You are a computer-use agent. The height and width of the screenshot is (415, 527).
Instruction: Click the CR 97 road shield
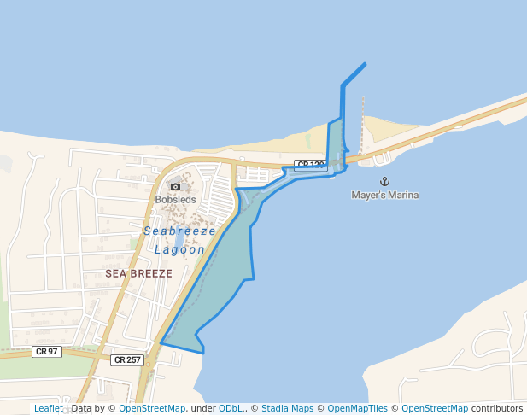click(x=48, y=352)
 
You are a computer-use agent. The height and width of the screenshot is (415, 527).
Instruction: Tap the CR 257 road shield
click(x=126, y=360)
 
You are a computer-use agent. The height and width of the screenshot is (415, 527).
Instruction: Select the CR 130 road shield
click(x=311, y=165)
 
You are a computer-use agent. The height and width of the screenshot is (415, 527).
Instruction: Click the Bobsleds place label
click(x=175, y=200)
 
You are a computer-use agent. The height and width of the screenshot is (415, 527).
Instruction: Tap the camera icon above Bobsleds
click(x=175, y=186)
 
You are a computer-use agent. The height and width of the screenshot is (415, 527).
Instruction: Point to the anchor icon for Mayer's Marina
click(x=384, y=181)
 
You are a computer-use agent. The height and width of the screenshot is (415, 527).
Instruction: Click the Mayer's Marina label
click(x=385, y=195)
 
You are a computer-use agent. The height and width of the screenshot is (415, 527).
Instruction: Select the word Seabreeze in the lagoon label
click(x=179, y=231)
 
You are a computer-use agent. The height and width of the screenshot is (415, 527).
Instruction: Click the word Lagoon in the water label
click(x=180, y=249)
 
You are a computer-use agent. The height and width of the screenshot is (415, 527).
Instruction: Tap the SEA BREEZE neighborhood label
click(x=139, y=273)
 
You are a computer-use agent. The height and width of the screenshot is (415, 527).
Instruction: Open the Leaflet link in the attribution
click(x=49, y=408)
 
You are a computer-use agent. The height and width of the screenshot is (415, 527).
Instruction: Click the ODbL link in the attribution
click(x=231, y=408)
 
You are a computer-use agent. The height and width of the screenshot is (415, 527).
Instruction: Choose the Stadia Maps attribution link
click(x=286, y=408)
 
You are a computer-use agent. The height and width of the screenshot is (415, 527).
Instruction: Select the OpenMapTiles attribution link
click(x=357, y=408)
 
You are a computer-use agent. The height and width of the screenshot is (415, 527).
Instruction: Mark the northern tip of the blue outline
click(x=366, y=64)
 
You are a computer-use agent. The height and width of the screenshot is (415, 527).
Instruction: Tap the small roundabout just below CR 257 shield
click(x=150, y=373)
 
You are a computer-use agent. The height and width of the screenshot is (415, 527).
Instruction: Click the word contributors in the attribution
click(x=497, y=408)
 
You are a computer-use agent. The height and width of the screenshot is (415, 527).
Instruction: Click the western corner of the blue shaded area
click(x=161, y=343)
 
